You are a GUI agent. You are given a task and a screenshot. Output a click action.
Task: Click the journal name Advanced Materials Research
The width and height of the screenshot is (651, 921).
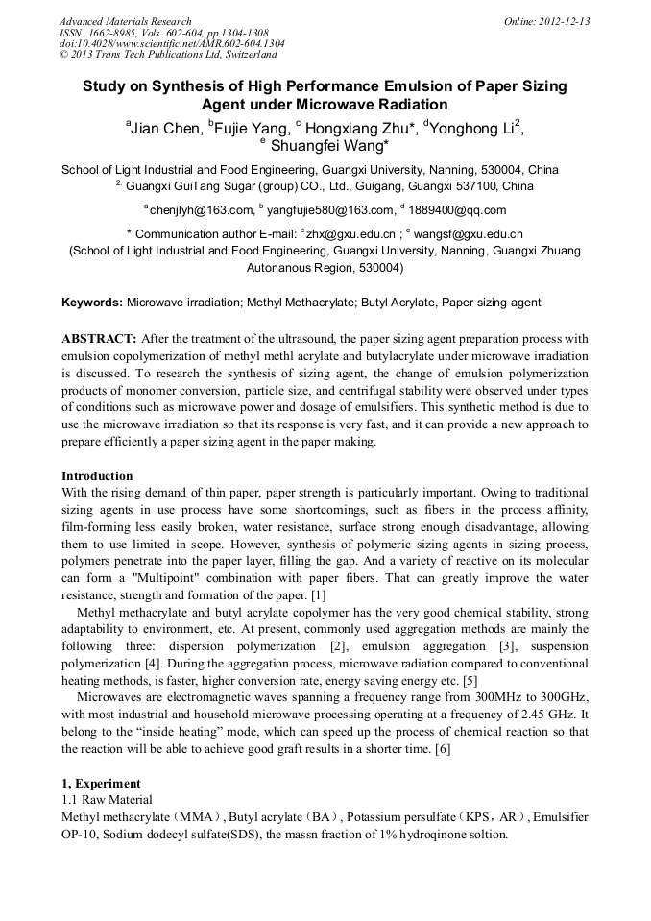coord(125,21)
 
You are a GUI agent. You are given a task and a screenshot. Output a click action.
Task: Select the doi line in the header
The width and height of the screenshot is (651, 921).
coord(172,44)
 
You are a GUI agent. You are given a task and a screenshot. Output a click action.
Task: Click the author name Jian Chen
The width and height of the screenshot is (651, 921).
coord(166,127)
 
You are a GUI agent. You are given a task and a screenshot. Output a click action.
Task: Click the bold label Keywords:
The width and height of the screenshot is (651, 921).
coord(92,303)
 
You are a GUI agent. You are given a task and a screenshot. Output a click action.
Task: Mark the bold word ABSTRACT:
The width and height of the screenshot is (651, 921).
coord(100,339)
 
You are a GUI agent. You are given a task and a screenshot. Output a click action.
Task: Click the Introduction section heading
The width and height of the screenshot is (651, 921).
coord(97,475)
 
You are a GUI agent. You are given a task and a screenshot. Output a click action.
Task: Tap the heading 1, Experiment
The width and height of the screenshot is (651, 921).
coord(101,783)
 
